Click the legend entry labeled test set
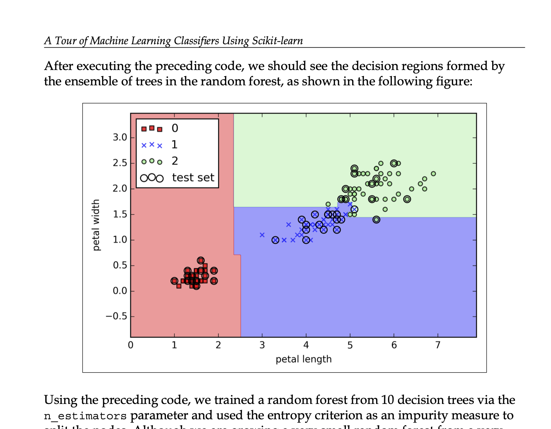pyautogui.click(x=193, y=178)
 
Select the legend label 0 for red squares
pyautogui.click(x=175, y=128)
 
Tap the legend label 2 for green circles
pyautogui.click(x=175, y=161)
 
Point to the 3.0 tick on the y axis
pyautogui.click(x=120, y=138)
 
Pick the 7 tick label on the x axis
pyautogui.click(x=438, y=345)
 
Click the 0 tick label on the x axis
pyautogui.click(x=131, y=345)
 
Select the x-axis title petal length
pyautogui.click(x=303, y=359)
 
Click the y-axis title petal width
pyautogui.click(x=96, y=225)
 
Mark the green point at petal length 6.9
pyautogui.click(x=433, y=174)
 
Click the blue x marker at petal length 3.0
pyautogui.click(x=262, y=235)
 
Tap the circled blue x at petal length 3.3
pyautogui.click(x=275, y=240)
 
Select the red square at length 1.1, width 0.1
pyautogui.click(x=179, y=286)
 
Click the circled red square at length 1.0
pyautogui.click(x=174, y=281)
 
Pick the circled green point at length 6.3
pyautogui.click(x=407, y=199)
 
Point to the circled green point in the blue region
pyautogui.click(x=376, y=220)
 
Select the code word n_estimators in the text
pyautogui.click(x=85, y=416)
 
